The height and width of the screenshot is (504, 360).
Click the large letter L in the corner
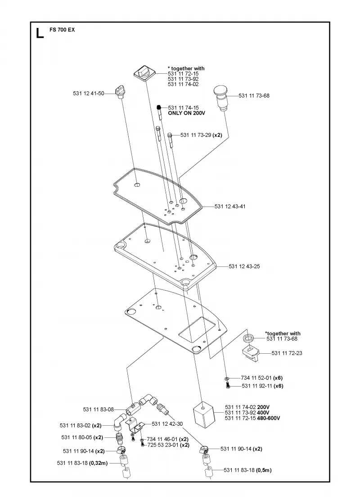pyautogui.click(x=40, y=33)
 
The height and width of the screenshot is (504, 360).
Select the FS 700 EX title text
pyautogui.click(x=62, y=30)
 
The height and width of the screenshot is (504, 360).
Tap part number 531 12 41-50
pyautogui.click(x=89, y=94)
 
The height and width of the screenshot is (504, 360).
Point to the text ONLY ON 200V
pyautogui.click(x=186, y=113)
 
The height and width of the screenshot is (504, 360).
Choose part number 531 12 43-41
pyautogui.click(x=230, y=207)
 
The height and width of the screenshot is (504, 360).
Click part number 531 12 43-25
pyautogui.click(x=244, y=266)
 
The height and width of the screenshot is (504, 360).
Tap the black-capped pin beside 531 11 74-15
pyautogui.click(x=159, y=112)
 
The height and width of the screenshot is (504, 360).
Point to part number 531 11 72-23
pyautogui.click(x=287, y=353)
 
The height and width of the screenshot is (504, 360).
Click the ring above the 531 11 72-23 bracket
pyautogui.click(x=248, y=338)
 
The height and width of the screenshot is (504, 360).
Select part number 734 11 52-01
pyautogui.click(x=256, y=378)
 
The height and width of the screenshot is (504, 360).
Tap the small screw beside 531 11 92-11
pyautogui.click(x=228, y=385)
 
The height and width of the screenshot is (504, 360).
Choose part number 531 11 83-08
pyautogui.click(x=99, y=409)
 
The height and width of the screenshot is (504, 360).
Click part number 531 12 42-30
pyautogui.click(x=167, y=424)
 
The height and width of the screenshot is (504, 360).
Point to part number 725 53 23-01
pyautogui.click(x=163, y=445)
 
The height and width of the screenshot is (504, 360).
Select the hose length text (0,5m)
pyautogui.click(x=264, y=470)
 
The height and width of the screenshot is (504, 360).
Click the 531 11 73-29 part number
pyautogui.click(x=196, y=135)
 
